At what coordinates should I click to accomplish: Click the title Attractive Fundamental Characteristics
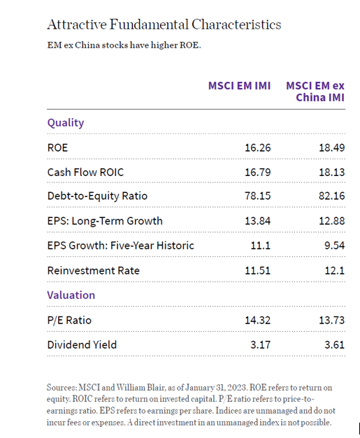tap(164, 24)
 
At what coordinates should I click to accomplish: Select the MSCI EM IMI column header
tap(239, 86)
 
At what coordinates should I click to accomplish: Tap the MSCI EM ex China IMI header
tap(315, 92)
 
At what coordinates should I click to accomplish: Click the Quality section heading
tap(66, 123)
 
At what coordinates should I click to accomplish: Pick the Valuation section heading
tap(71, 295)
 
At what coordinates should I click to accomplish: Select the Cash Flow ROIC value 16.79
tap(256, 172)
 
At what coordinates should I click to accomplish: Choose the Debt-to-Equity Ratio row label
tap(97, 196)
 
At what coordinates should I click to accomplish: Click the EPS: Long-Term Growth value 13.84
tap(256, 221)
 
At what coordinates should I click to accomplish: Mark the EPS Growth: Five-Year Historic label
tap(121, 245)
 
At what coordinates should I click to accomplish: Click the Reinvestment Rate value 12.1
tap(333, 270)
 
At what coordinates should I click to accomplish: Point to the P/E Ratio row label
tap(69, 320)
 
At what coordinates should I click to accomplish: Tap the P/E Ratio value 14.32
tap(256, 320)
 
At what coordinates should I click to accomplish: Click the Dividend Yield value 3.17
tap(259, 344)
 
